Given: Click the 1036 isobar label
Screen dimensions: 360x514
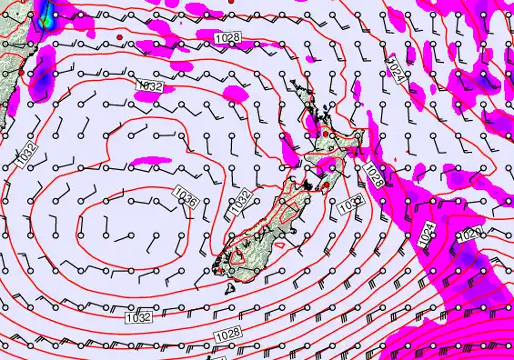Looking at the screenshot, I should tap(189, 201).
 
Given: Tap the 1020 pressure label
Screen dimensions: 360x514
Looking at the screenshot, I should tap(470, 233).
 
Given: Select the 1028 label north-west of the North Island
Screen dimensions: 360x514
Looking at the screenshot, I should tap(228, 35).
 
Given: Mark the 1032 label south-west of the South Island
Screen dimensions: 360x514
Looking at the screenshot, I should tap(138, 317).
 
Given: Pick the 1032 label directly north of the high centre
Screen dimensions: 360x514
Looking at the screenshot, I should tap(150, 85).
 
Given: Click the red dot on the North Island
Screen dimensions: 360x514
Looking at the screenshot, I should tap(325, 135).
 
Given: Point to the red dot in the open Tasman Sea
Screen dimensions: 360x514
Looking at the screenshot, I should tap(119, 36).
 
